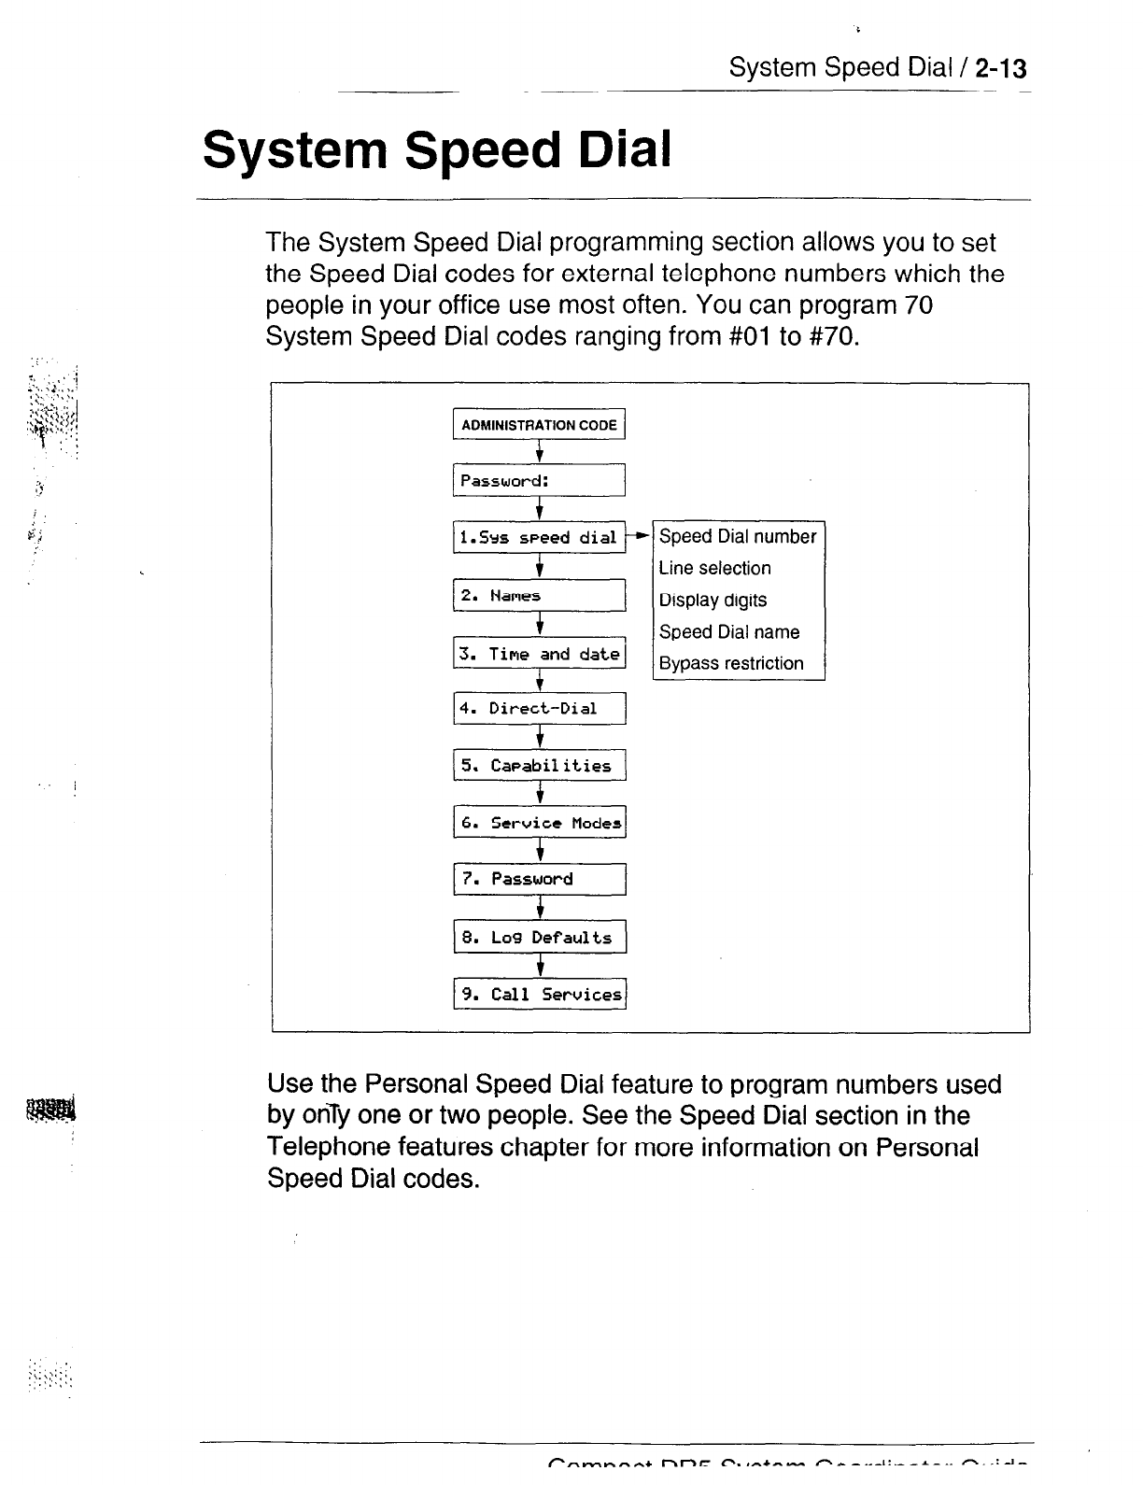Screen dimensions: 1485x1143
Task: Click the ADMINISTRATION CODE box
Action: pyautogui.click(x=539, y=425)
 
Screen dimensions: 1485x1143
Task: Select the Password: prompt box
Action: pyautogui.click(x=539, y=481)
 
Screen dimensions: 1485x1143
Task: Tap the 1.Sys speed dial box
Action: pyautogui.click(x=539, y=538)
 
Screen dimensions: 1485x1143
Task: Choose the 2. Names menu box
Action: pyautogui.click(x=539, y=596)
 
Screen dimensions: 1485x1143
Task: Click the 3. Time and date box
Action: pyautogui.click(x=539, y=654)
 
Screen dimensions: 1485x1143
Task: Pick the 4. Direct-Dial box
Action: pyautogui.click(x=539, y=708)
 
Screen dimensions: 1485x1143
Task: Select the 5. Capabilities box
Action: pyautogui.click(x=539, y=766)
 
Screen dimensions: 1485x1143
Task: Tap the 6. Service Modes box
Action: pyautogui.click(x=540, y=823)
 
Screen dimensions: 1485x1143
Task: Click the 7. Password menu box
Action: pyautogui.click(x=540, y=879)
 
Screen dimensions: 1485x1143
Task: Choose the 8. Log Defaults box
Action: pyautogui.click(x=540, y=938)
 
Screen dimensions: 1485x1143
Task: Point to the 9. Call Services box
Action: pyautogui.click(x=540, y=995)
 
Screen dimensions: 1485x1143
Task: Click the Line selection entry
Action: pyautogui.click(x=714, y=568)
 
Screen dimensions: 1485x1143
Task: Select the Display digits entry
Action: pyautogui.click(x=713, y=600)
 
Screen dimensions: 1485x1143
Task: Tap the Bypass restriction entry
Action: pyautogui.click(x=731, y=663)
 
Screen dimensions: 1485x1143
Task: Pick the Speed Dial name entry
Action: pyautogui.click(x=729, y=631)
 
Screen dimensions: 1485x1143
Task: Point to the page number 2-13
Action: pyautogui.click(x=1000, y=68)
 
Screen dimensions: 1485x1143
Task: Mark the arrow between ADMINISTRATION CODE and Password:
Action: pyautogui.click(x=540, y=452)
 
